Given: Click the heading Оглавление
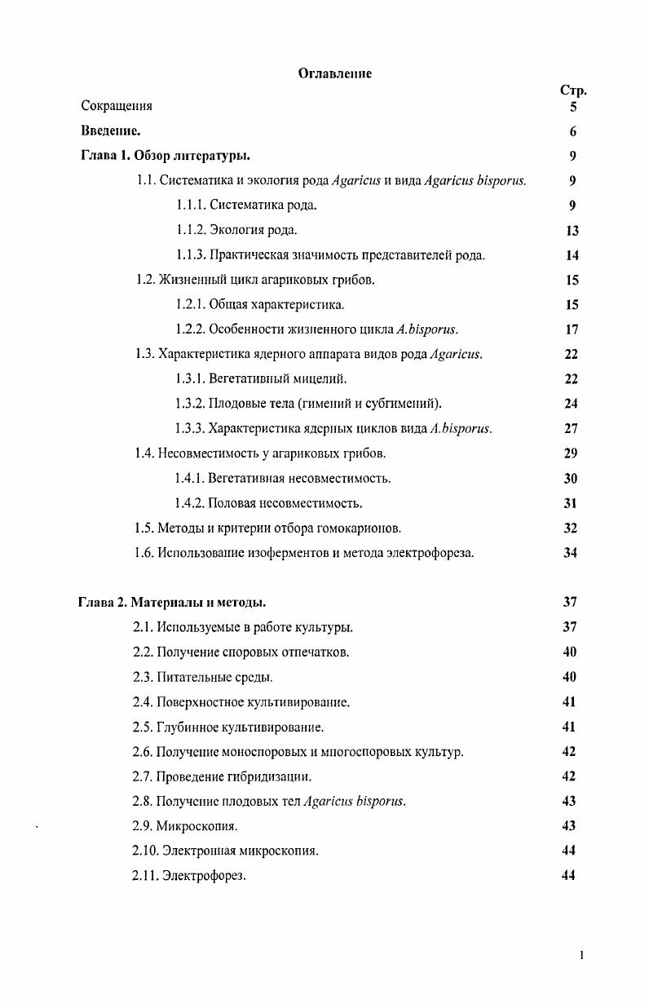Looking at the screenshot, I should (x=334, y=73).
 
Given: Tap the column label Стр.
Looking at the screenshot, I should (x=573, y=91).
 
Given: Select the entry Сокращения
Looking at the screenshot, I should (x=117, y=106).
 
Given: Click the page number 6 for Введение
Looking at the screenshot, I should (x=573, y=131).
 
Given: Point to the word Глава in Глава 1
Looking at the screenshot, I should (x=98, y=156).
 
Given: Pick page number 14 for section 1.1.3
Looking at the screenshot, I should (x=572, y=255).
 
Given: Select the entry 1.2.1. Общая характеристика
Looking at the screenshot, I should (x=260, y=305).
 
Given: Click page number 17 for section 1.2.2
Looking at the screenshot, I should (x=572, y=329).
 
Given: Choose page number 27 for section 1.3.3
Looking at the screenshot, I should (x=572, y=428).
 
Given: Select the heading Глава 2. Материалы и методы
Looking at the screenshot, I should (x=172, y=603).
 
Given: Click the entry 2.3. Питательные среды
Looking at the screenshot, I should (x=202, y=677).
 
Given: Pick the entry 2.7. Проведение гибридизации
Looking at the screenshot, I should (x=222, y=776).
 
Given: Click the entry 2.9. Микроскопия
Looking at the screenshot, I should (x=185, y=826).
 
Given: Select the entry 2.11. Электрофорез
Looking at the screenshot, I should (x=189, y=876).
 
